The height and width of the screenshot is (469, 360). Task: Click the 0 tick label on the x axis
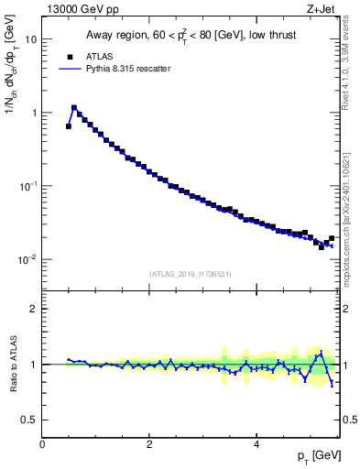pos(42,443)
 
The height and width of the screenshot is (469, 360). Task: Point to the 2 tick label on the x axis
pos(149,443)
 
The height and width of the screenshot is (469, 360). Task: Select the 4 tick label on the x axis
pos(256,443)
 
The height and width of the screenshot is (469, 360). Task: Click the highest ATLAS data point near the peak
pos(74,108)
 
